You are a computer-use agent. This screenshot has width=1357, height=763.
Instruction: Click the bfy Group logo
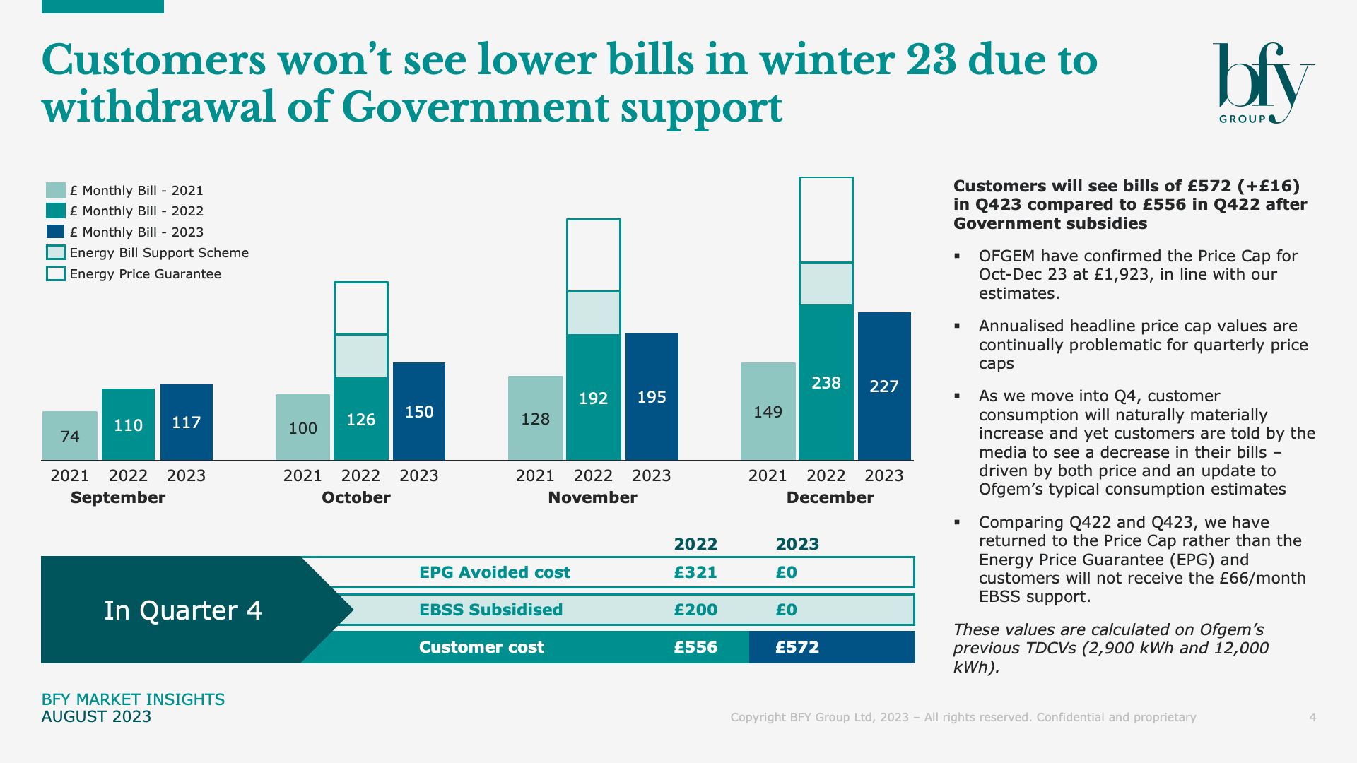coord(1263,83)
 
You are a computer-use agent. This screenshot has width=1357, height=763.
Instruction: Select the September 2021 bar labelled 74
coord(70,436)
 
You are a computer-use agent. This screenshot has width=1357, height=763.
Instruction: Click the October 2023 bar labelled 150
coord(419,411)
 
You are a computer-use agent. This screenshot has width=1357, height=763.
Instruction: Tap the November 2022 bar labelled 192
coord(594,397)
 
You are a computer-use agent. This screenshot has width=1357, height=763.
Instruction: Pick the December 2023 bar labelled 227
coord(884,386)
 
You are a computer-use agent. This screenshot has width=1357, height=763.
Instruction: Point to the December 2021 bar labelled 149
coord(768,411)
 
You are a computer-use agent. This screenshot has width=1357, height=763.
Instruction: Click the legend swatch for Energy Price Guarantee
coord(56,273)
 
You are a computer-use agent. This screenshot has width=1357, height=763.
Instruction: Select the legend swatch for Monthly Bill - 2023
coord(56,232)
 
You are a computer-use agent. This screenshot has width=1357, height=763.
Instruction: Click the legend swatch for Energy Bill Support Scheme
coord(56,252)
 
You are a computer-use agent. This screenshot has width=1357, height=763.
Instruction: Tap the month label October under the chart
coord(356,497)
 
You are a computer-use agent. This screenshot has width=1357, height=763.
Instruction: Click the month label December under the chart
coord(830,497)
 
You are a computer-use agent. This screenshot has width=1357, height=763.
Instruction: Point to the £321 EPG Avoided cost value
coord(695,572)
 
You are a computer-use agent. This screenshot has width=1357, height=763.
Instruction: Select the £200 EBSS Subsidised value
coord(695,610)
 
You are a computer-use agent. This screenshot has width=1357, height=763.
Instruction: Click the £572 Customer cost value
coord(797,647)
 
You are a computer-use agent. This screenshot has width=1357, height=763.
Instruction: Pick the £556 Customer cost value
coord(695,647)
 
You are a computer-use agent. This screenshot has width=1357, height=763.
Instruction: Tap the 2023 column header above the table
coord(797,544)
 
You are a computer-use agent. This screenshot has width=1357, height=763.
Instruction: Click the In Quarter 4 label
coord(183,610)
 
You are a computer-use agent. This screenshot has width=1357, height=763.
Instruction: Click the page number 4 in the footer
coord(1312,717)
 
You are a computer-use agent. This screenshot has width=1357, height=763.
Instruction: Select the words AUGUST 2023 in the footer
coord(96,716)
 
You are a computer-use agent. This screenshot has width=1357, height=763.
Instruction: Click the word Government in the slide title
coord(475,107)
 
